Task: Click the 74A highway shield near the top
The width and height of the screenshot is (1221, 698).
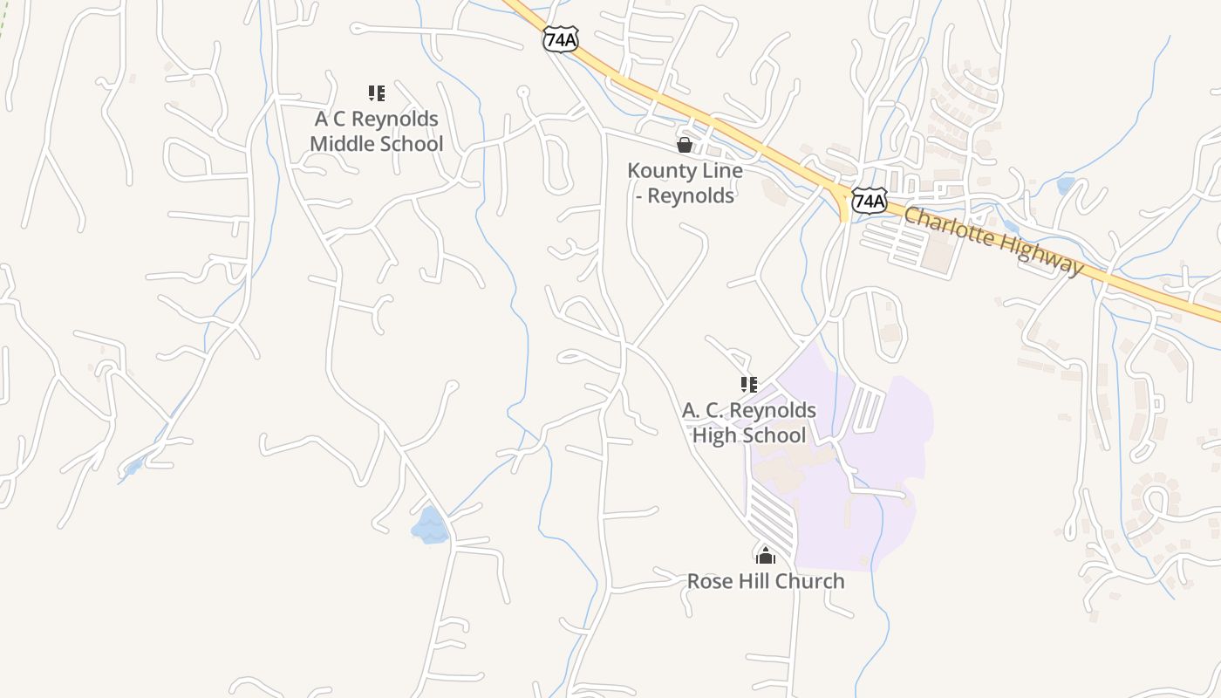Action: [x=560, y=39]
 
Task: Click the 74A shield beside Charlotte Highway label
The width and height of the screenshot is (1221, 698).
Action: [x=870, y=202]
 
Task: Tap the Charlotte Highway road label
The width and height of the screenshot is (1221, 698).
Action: [x=994, y=240]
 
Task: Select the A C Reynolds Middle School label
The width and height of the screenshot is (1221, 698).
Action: [x=377, y=131]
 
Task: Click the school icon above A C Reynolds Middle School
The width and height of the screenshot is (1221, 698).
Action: [x=377, y=93]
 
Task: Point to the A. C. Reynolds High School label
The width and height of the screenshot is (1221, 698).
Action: [x=749, y=422]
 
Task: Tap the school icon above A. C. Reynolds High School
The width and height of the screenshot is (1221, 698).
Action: [x=748, y=385]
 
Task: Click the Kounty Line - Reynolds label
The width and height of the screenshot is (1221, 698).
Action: [x=685, y=183]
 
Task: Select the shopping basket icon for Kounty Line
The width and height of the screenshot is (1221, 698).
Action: [x=685, y=145]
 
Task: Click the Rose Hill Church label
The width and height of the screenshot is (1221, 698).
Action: [x=766, y=581]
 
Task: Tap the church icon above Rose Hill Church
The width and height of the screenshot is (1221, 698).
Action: [x=766, y=555]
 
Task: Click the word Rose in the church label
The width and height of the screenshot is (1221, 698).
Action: [x=708, y=581]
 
